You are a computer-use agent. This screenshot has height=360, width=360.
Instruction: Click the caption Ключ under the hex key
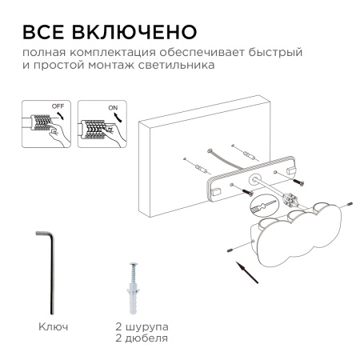(53, 328)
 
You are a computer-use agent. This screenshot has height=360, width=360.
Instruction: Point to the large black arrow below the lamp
(250, 274)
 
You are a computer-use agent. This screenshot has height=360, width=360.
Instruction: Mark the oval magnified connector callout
(270, 210)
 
